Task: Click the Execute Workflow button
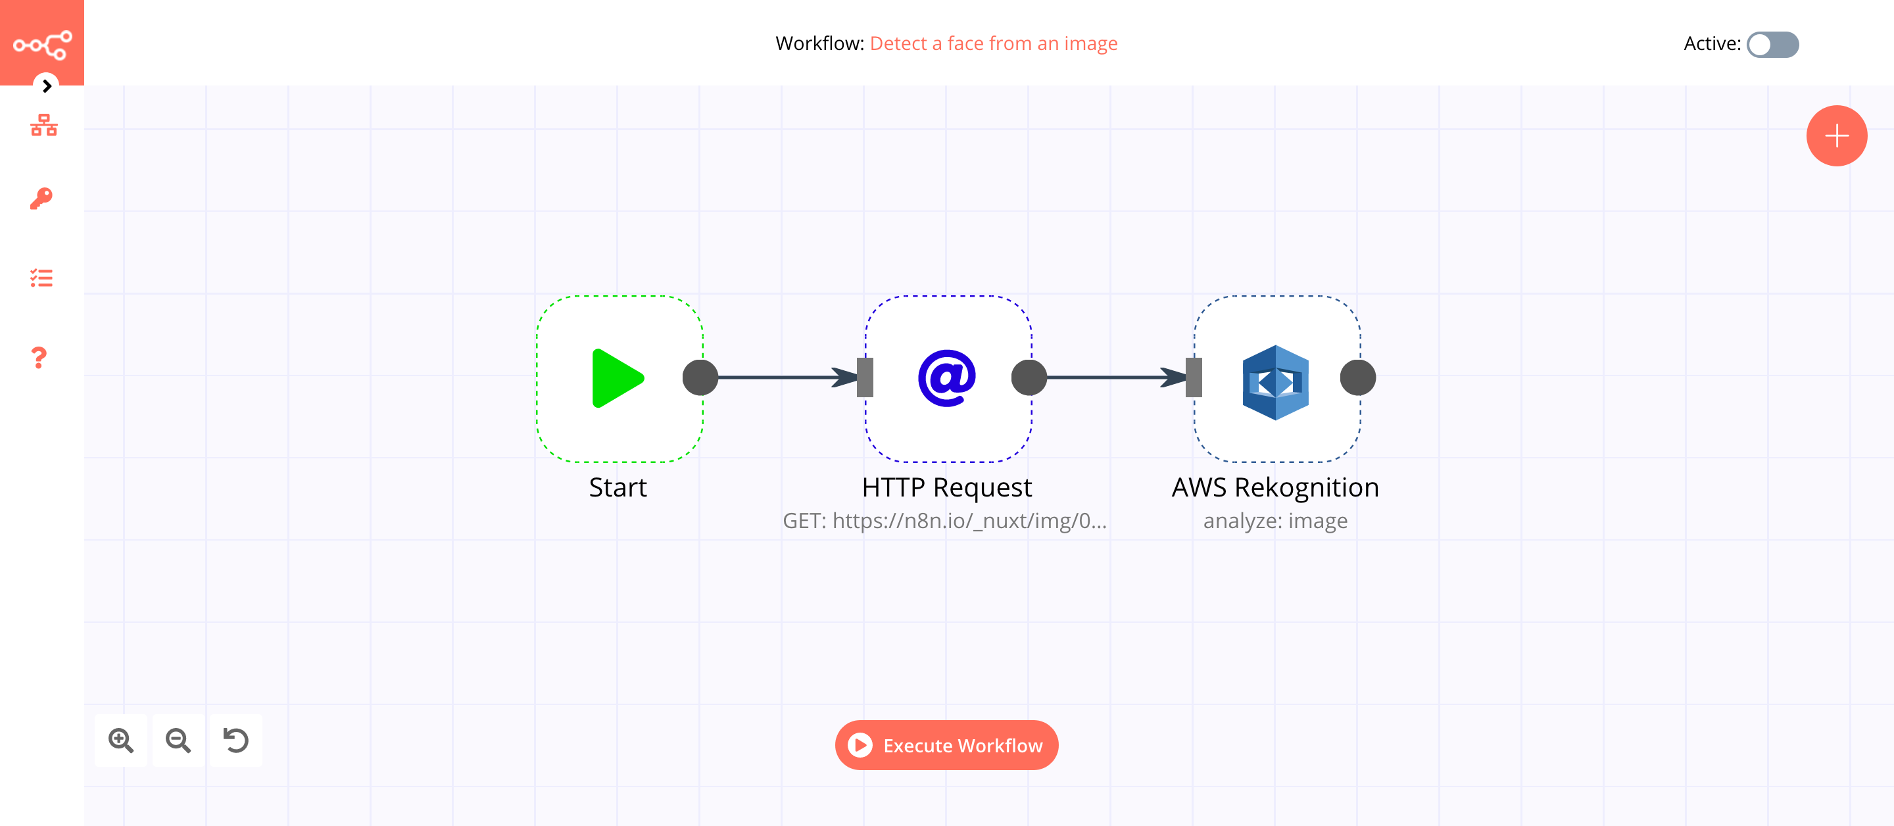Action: click(x=946, y=745)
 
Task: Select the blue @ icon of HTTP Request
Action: click(x=946, y=378)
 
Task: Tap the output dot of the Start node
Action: click(x=700, y=378)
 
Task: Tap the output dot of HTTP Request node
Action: click(x=1029, y=378)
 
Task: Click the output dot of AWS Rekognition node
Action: click(x=1357, y=378)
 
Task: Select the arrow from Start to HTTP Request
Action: click(x=783, y=377)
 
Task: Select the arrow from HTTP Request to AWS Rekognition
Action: click(x=1111, y=377)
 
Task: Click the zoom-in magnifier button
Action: click(x=121, y=740)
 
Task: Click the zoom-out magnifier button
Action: click(x=178, y=740)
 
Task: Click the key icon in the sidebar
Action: click(x=41, y=199)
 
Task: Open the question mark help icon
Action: click(x=39, y=358)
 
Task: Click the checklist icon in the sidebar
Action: click(x=41, y=278)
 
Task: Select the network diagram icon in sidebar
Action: click(x=43, y=125)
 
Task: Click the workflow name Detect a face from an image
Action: click(x=993, y=43)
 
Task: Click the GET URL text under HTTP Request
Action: click(x=944, y=521)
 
